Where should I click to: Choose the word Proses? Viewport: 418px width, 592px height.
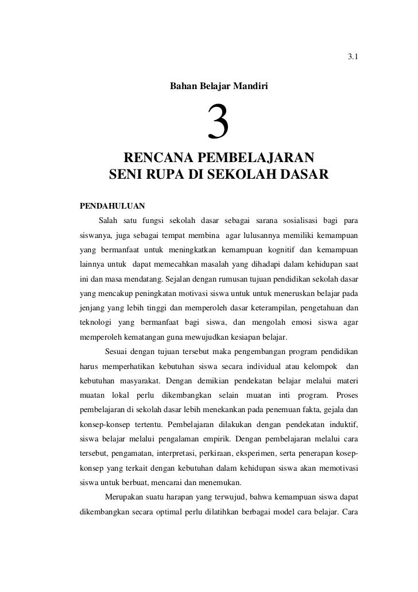[346, 397]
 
